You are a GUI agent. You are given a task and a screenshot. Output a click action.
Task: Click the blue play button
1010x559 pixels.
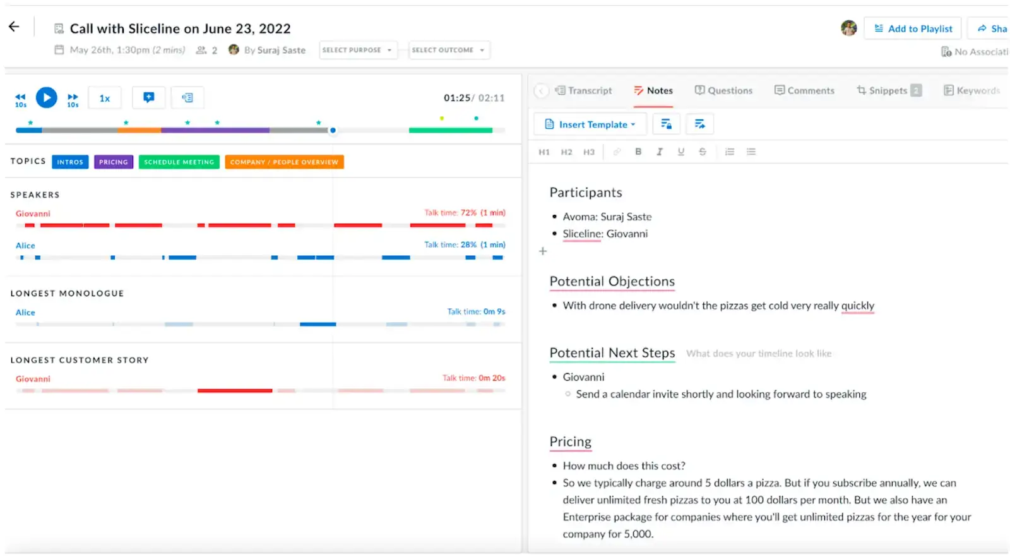46,98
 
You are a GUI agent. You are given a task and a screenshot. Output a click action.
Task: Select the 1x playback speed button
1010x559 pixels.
105,99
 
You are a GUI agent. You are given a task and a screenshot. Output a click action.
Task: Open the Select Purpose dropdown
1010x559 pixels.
358,50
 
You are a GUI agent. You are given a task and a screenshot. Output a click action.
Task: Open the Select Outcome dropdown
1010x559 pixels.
449,50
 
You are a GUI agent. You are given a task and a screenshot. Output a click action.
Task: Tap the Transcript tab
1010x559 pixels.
584,90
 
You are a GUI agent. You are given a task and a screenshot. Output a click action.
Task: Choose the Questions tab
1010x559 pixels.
724,90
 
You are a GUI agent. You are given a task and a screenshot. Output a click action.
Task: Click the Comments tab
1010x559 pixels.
805,90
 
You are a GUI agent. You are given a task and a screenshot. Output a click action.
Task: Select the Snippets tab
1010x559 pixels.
888,90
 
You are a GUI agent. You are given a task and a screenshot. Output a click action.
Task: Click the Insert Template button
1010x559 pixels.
590,124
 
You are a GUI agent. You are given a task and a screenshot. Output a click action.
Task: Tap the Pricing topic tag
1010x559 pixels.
114,162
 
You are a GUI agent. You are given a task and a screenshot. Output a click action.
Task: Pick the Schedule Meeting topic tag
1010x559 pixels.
179,162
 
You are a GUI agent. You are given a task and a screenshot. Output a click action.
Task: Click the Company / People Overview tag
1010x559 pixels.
284,162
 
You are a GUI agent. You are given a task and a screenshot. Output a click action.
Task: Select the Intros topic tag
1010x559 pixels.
70,162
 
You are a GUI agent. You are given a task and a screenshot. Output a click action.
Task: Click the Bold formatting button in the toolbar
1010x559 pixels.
638,152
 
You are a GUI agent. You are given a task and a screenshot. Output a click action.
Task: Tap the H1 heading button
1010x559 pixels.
544,152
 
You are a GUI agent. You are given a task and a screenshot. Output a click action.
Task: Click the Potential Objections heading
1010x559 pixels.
612,282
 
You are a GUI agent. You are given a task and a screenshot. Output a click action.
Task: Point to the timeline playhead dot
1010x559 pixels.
333,131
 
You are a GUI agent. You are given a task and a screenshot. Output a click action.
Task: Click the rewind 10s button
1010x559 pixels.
21,99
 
